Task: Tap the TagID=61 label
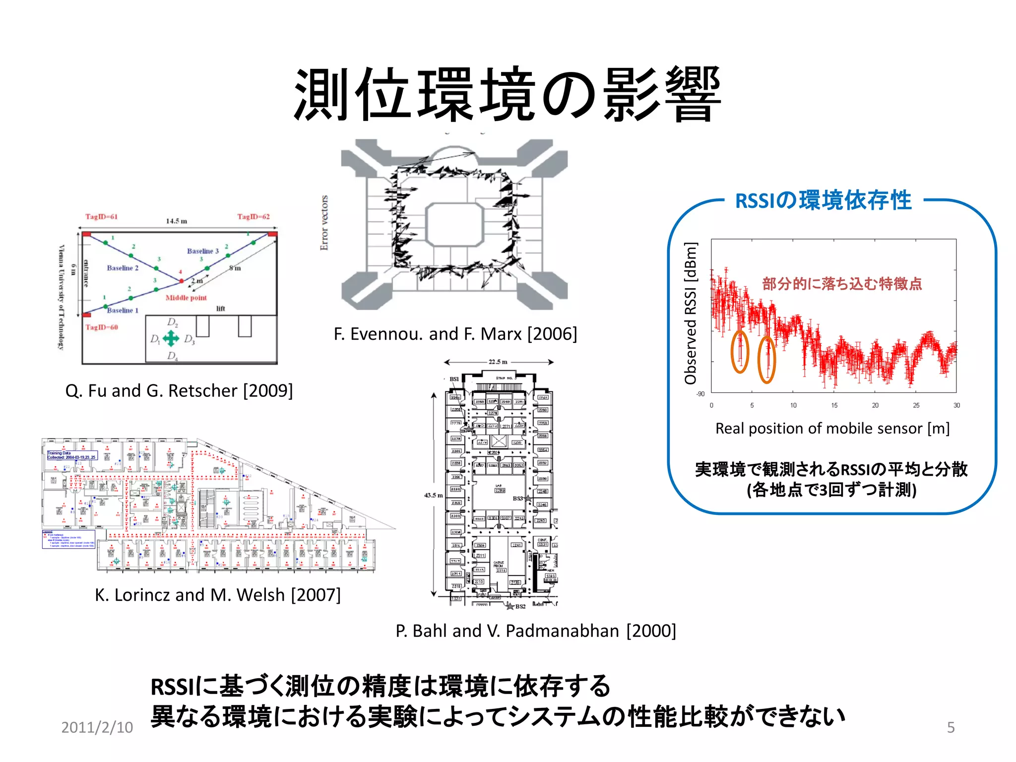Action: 101,217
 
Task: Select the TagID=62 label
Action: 253,217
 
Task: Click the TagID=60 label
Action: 101,327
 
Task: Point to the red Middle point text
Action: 186,298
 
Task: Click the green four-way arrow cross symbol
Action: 171,339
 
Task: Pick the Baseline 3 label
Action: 202,251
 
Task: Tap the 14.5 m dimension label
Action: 177,221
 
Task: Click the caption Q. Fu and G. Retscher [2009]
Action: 179,391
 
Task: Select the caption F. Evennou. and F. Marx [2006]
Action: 455,334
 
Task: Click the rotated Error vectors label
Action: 324,223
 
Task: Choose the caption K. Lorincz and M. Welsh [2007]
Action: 218,595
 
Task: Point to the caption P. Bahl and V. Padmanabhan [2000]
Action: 536,631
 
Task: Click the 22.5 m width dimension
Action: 498,362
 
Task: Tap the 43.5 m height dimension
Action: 433,495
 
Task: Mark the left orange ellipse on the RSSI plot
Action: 740,352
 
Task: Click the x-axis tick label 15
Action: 834,405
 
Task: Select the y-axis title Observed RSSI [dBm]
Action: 691,314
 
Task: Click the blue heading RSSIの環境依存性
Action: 823,200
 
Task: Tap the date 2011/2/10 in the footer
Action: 97,727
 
